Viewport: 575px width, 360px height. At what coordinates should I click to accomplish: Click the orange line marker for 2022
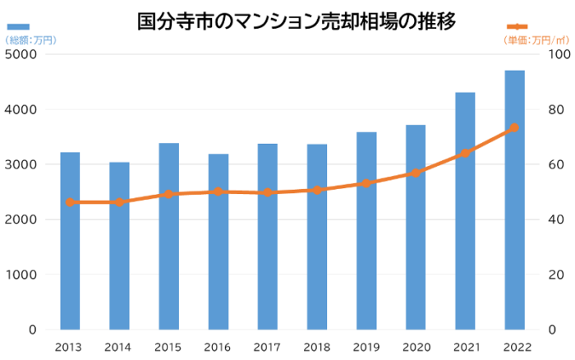(514, 127)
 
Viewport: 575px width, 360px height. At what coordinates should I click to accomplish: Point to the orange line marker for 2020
(416, 173)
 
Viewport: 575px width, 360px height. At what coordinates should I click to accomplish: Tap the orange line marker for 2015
(168, 194)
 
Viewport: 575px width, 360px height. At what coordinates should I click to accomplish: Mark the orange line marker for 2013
(70, 202)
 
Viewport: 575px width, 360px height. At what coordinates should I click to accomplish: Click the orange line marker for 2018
(316, 190)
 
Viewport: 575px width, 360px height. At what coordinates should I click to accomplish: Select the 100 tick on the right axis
(559, 55)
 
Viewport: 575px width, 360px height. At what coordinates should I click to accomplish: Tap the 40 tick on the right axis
(555, 219)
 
